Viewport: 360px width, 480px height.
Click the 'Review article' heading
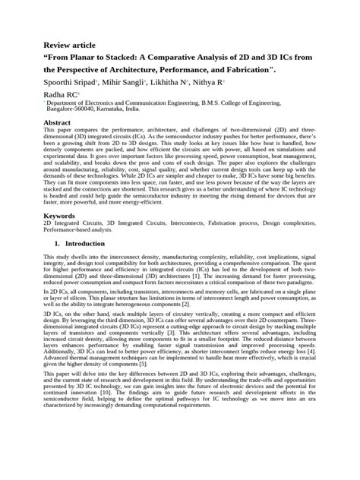72,45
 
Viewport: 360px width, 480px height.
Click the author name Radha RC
62,95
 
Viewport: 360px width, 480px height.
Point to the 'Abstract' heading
57,122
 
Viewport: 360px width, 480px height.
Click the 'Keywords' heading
59,216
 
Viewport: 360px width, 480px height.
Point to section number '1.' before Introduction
57,243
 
